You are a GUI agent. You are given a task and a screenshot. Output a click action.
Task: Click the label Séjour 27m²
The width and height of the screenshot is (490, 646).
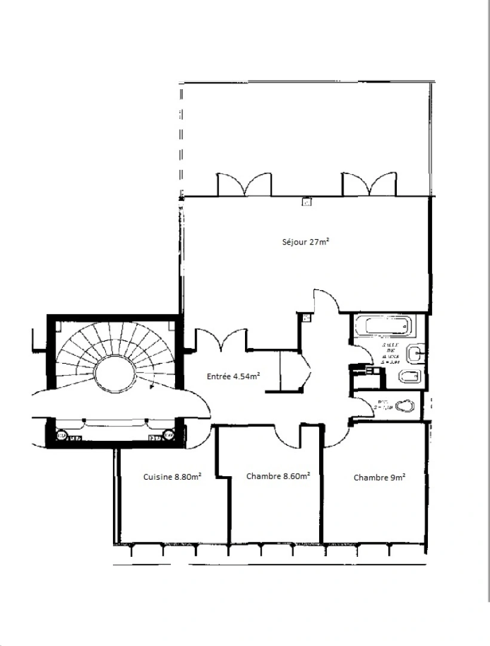tap(307, 242)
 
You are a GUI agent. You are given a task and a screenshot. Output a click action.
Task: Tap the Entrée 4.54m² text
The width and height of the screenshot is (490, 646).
tap(233, 376)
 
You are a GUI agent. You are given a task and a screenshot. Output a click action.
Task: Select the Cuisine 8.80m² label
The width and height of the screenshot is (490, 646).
tap(172, 477)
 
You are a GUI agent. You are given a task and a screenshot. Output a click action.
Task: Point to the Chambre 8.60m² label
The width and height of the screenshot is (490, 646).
tap(278, 476)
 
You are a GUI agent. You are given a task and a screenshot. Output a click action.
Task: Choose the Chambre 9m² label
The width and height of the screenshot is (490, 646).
tap(379, 477)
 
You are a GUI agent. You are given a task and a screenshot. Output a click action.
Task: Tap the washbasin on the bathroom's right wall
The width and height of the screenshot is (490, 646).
tap(415, 355)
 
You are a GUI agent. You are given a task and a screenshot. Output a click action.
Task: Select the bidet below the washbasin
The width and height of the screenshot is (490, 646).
tap(410, 377)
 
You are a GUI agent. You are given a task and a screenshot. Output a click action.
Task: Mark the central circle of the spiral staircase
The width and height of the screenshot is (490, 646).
tap(115, 374)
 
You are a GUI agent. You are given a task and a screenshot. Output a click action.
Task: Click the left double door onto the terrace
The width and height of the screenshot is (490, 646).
tap(244, 185)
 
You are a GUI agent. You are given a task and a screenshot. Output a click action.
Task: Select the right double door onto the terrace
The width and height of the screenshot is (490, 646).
tap(369, 184)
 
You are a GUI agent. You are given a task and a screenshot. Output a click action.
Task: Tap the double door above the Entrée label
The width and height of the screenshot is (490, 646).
tap(221, 339)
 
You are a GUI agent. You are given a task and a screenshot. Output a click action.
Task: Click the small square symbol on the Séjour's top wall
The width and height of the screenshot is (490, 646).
tap(307, 202)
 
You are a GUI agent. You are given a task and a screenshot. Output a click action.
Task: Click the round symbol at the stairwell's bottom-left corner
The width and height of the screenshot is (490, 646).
tap(61, 435)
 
